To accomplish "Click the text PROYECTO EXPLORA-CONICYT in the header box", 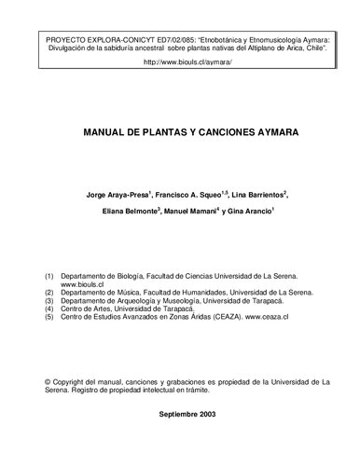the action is tap(93, 44).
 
